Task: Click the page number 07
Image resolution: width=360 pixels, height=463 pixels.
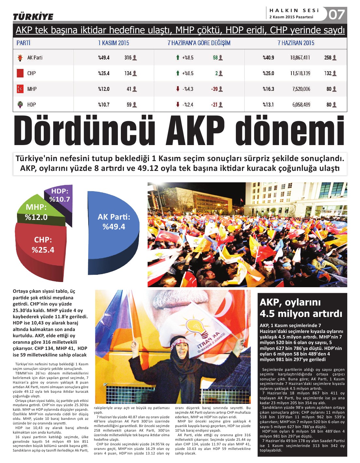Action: pos(336,15)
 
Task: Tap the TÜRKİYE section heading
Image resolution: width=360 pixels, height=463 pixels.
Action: pos(33,17)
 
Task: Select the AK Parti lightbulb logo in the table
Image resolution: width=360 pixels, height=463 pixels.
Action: pos(20,58)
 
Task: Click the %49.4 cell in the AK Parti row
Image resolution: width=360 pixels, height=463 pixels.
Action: pos(104,58)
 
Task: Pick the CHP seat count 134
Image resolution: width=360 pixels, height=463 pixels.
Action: pos(128,74)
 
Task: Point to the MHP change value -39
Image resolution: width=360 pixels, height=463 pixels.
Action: pos(215,89)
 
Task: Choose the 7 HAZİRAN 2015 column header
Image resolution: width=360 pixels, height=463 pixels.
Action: pos(296,43)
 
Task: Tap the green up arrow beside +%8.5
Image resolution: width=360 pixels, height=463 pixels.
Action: pos(178,58)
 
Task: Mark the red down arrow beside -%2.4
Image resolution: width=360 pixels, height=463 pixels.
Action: pos(178,105)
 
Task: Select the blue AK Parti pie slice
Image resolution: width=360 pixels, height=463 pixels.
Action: pos(113,225)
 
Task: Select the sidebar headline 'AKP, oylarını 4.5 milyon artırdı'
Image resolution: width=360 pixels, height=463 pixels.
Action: pos(301,308)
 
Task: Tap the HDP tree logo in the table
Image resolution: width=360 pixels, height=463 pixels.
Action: pos(20,105)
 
